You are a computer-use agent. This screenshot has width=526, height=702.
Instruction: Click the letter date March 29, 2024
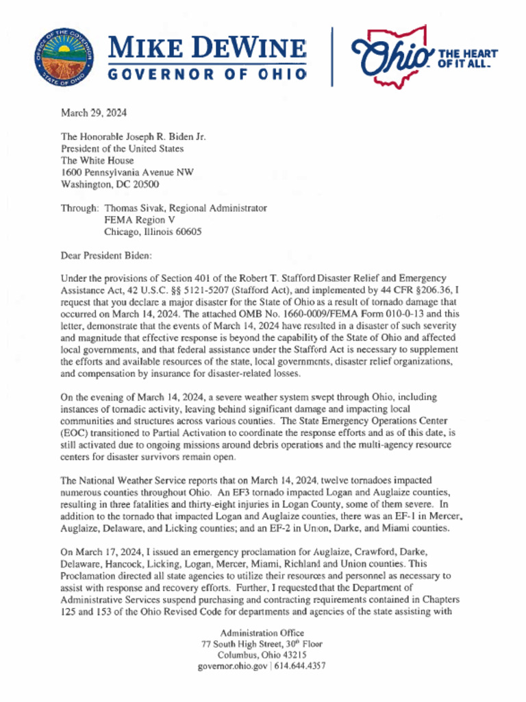[x=94, y=112]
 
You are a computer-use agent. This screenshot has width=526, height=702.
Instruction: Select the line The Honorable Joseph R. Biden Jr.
[x=134, y=136]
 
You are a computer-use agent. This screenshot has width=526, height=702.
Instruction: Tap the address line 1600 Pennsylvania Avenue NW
[x=127, y=172]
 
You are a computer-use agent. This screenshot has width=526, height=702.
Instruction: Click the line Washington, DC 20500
[x=110, y=184]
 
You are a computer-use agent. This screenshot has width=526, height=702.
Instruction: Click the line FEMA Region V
[x=135, y=220]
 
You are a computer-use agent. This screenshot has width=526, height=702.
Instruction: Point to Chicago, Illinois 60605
[x=153, y=232]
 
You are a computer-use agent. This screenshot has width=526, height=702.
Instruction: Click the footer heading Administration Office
[x=262, y=633]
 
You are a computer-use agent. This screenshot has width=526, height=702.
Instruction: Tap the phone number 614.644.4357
[x=301, y=666]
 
